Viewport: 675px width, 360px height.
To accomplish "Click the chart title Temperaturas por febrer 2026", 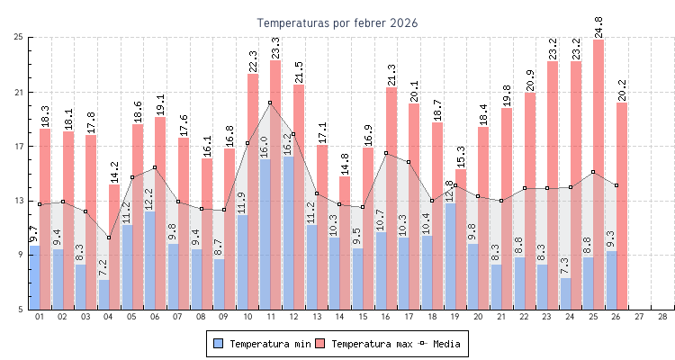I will click(337, 22).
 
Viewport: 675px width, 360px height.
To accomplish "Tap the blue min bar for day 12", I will click(288, 234).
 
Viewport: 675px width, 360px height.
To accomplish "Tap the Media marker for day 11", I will click(270, 103).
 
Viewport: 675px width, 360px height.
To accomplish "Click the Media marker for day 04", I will click(109, 238).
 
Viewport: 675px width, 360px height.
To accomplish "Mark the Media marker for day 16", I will click(385, 153).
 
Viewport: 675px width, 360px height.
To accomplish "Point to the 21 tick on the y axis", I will click(18, 92).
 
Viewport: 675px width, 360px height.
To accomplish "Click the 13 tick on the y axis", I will click(18, 201).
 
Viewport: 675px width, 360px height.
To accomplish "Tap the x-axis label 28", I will click(662, 317).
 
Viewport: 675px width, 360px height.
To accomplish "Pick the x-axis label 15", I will click(363, 317).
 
